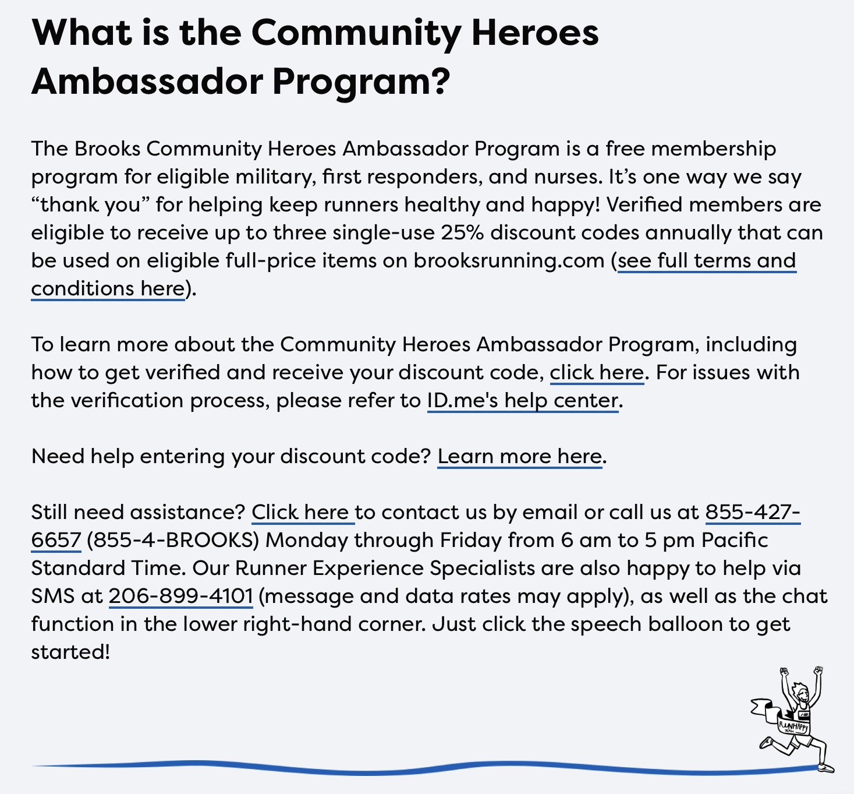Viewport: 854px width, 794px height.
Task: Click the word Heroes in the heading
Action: pos(534,33)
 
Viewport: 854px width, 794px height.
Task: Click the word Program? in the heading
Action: pos(361,82)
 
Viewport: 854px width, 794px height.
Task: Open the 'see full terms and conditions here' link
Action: pos(706,261)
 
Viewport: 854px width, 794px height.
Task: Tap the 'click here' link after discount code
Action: pos(597,373)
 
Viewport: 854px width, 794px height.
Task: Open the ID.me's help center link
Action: pos(522,401)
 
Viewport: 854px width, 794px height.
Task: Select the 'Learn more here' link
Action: pos(519,457)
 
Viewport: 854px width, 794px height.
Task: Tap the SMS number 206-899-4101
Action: pos(180,597)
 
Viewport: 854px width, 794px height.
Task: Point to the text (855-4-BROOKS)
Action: pos(173,541)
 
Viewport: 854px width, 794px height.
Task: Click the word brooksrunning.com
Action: pos(509,261)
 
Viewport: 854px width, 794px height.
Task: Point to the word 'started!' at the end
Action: pos(70,652)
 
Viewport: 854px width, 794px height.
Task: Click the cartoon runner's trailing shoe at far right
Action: pos(825,767)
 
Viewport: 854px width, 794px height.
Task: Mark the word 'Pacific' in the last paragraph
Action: pos(735,541)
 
